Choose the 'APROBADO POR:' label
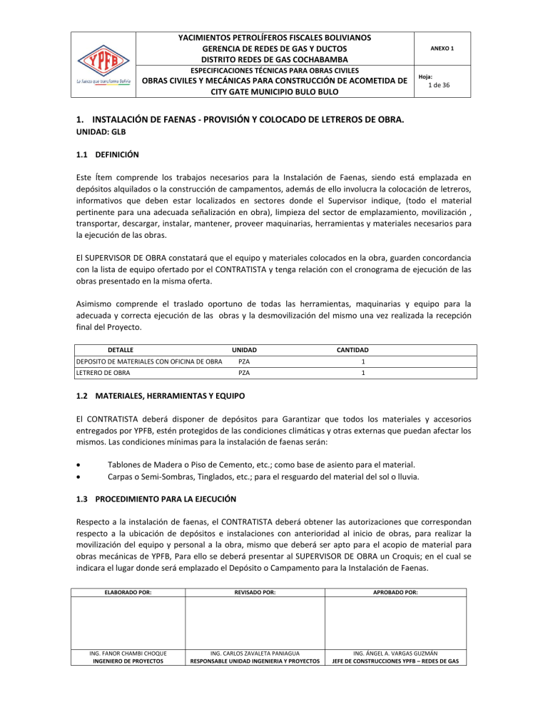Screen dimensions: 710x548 click(395, 592)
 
